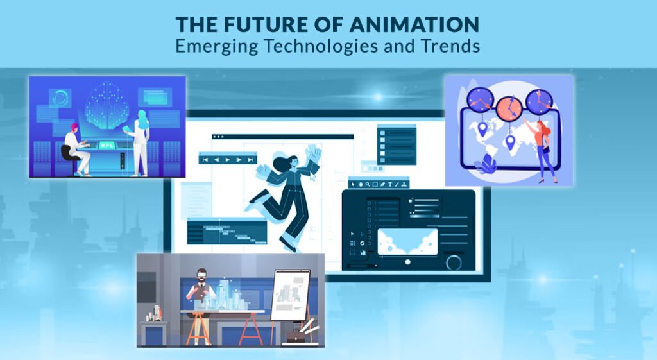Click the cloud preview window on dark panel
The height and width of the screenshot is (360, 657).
[407, 242]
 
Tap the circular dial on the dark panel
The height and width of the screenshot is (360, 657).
[454, 262]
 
